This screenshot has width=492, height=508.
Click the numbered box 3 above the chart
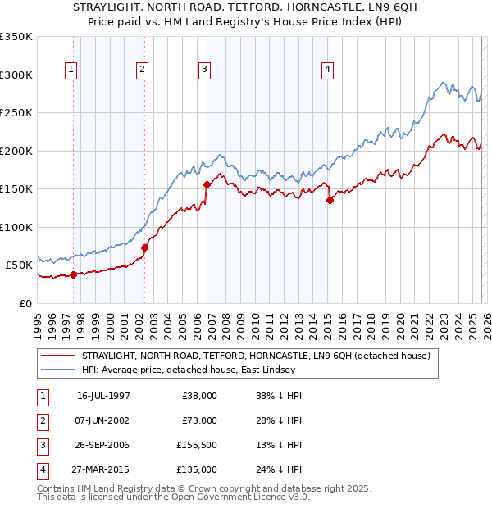(x=204, y=70)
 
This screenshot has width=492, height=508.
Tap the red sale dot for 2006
(x=207, y=184)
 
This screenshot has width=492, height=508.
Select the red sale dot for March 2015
(x=330, y=200)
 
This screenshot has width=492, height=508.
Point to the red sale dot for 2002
(x=144, y=247)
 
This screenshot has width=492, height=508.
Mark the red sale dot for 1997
(x=74, y=274)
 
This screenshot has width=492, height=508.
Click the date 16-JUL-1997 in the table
(x=103, y=396)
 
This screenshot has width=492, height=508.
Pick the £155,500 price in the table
(x=197, y=445)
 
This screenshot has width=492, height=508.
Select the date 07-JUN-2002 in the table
(x=103, y=420)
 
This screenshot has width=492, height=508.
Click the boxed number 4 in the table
(x=42, y=469)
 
